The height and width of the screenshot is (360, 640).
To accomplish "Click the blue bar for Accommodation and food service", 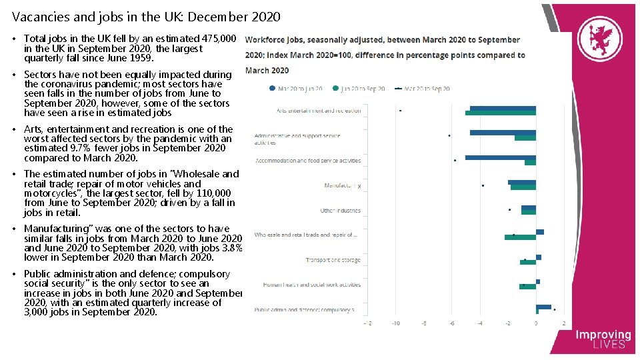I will point(500,157).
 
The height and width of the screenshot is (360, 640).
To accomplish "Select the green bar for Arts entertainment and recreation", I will point(500,113).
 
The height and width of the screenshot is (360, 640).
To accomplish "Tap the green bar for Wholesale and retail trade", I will point(520,237).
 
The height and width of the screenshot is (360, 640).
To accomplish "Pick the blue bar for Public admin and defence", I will point(543,307).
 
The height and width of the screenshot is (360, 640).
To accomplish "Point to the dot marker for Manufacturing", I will point(483,185).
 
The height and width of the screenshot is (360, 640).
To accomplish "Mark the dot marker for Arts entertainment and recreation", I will point(400,111).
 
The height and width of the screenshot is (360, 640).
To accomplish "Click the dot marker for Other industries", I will point(509,210).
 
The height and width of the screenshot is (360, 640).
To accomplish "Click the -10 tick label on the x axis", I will point(395,323).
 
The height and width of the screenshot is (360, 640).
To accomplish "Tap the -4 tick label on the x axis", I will point(480,323).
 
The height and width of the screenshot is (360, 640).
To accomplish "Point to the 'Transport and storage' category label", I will point(333,260).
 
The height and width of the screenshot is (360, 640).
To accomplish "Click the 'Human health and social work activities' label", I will point(311,285).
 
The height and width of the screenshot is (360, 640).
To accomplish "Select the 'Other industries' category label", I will point(340,211).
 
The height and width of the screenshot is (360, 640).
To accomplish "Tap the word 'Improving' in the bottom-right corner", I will point(603,335).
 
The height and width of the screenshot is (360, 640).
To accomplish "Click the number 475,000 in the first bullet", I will point(219,39).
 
